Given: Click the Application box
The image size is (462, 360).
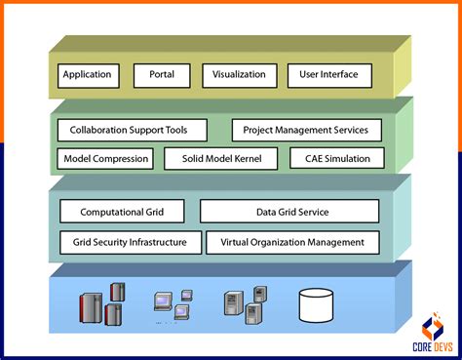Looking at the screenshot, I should pyautogui.click(x=88, y=75).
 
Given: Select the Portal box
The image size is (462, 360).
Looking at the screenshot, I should pyautogui.click(x=162, y=75).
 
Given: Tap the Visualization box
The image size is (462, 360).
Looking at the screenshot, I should pyautogui.click(x=239, y=75).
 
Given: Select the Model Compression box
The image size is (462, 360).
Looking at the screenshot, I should pyautogui.click(x=106, y=158).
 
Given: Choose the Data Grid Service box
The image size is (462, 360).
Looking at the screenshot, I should pyautogui.click(x=289, y=212).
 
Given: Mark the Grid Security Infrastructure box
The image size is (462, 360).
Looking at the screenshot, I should pyautogui.click(x=130, y=242).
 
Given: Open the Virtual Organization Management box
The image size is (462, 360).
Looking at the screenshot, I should pyautogui.click(x=292, y=242).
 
